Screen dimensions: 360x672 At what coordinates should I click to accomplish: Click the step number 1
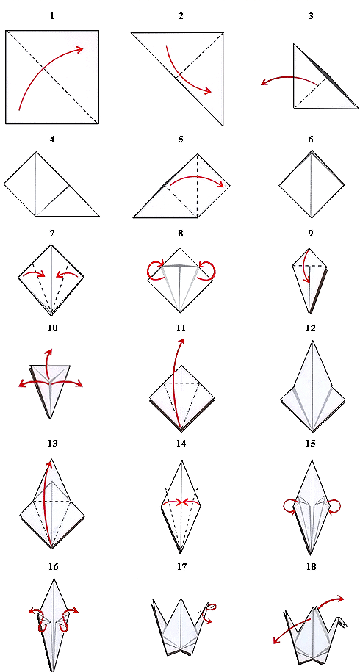[52, 16]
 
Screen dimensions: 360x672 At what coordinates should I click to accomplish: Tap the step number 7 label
[52, 234]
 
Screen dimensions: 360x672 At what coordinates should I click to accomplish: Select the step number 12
[311, 328]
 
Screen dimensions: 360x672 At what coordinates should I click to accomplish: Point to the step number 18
[311, 566]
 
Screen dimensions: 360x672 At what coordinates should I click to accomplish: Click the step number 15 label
[311, 444]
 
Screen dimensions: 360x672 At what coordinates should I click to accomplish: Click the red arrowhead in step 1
[79, 49]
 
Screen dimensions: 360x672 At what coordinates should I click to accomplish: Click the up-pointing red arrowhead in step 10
[48, 353]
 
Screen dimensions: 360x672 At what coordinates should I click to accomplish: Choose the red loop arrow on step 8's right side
[211, 271]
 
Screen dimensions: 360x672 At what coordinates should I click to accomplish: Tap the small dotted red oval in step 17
[212, 607]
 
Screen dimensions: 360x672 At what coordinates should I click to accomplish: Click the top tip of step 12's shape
[312, 342]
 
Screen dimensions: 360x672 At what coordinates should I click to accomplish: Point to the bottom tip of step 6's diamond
[312, 217]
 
